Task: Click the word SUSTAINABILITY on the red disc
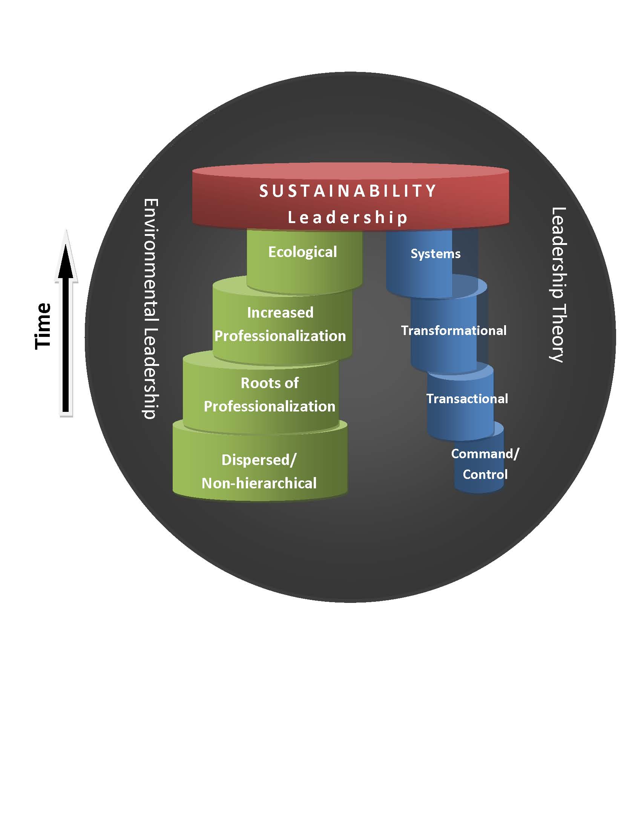click(x=348, y=191)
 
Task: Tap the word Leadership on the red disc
click(x=348, y=218)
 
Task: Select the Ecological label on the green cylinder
click(x=303, y=252)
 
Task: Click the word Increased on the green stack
click(x=280, y=313)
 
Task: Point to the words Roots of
click(x=270, y=383)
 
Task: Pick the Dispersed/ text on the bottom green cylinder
click(x=259, y=460)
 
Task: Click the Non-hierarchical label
click(x=259, y=483)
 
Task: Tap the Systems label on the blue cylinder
click(x=435, y=254)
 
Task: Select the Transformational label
click(x=454, y=330)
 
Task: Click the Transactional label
click(x=467, y=399)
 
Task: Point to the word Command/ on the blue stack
click(x=485, y=454)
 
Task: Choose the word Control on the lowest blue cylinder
click(x=485, y=474)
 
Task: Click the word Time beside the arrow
click(x=43, y=326)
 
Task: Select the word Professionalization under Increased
click(x=280, y=336)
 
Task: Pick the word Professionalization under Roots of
click(x=270, y=407)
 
